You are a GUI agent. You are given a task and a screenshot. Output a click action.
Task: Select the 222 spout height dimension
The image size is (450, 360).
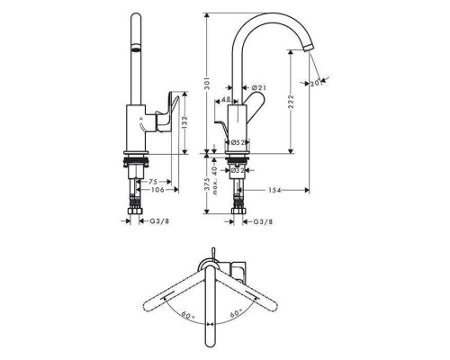pyautogui.click(x=291, y=102)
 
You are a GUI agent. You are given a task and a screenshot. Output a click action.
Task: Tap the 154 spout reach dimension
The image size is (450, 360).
pyautogui.click(x=274, y=190)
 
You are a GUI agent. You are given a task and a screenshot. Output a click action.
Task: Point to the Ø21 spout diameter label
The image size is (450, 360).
pyautogui.click(x=259, y=87)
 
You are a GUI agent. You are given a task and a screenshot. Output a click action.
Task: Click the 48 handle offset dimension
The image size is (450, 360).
pyautogui.click(x=226, y=99)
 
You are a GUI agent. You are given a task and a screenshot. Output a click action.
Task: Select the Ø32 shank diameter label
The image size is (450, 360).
pyautogui.click(x=238, y=170)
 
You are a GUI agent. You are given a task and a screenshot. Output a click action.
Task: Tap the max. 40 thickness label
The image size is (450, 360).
pyautogui.click(x=214, y=180)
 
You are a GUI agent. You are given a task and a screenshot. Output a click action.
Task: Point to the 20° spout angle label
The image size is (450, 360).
pyautogui.click(x=317, y=83)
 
